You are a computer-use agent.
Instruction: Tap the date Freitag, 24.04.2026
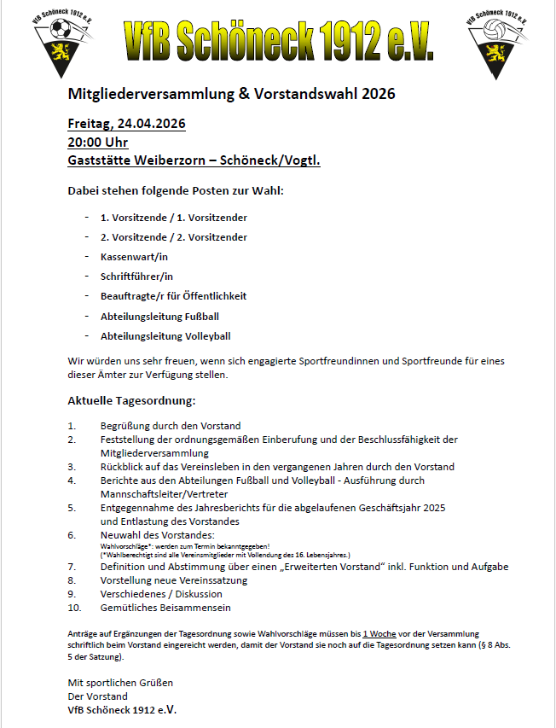[126, 124]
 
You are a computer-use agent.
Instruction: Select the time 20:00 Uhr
[98, 142]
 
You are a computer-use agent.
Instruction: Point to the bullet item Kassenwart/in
[134, 257]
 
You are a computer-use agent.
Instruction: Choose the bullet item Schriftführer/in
[136, 277]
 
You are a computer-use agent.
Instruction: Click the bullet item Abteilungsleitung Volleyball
[165, 336]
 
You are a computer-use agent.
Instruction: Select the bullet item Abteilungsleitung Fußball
[159, 317]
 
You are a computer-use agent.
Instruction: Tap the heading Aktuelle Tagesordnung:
[131, 400]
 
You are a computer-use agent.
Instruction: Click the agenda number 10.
[75, 608]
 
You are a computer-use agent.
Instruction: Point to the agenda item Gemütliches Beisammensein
[165, 608]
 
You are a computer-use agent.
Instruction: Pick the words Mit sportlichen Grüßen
[120, 683]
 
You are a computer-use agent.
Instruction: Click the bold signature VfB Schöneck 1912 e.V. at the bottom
[122, 710]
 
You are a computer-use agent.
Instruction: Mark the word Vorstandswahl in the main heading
[300, 94]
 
